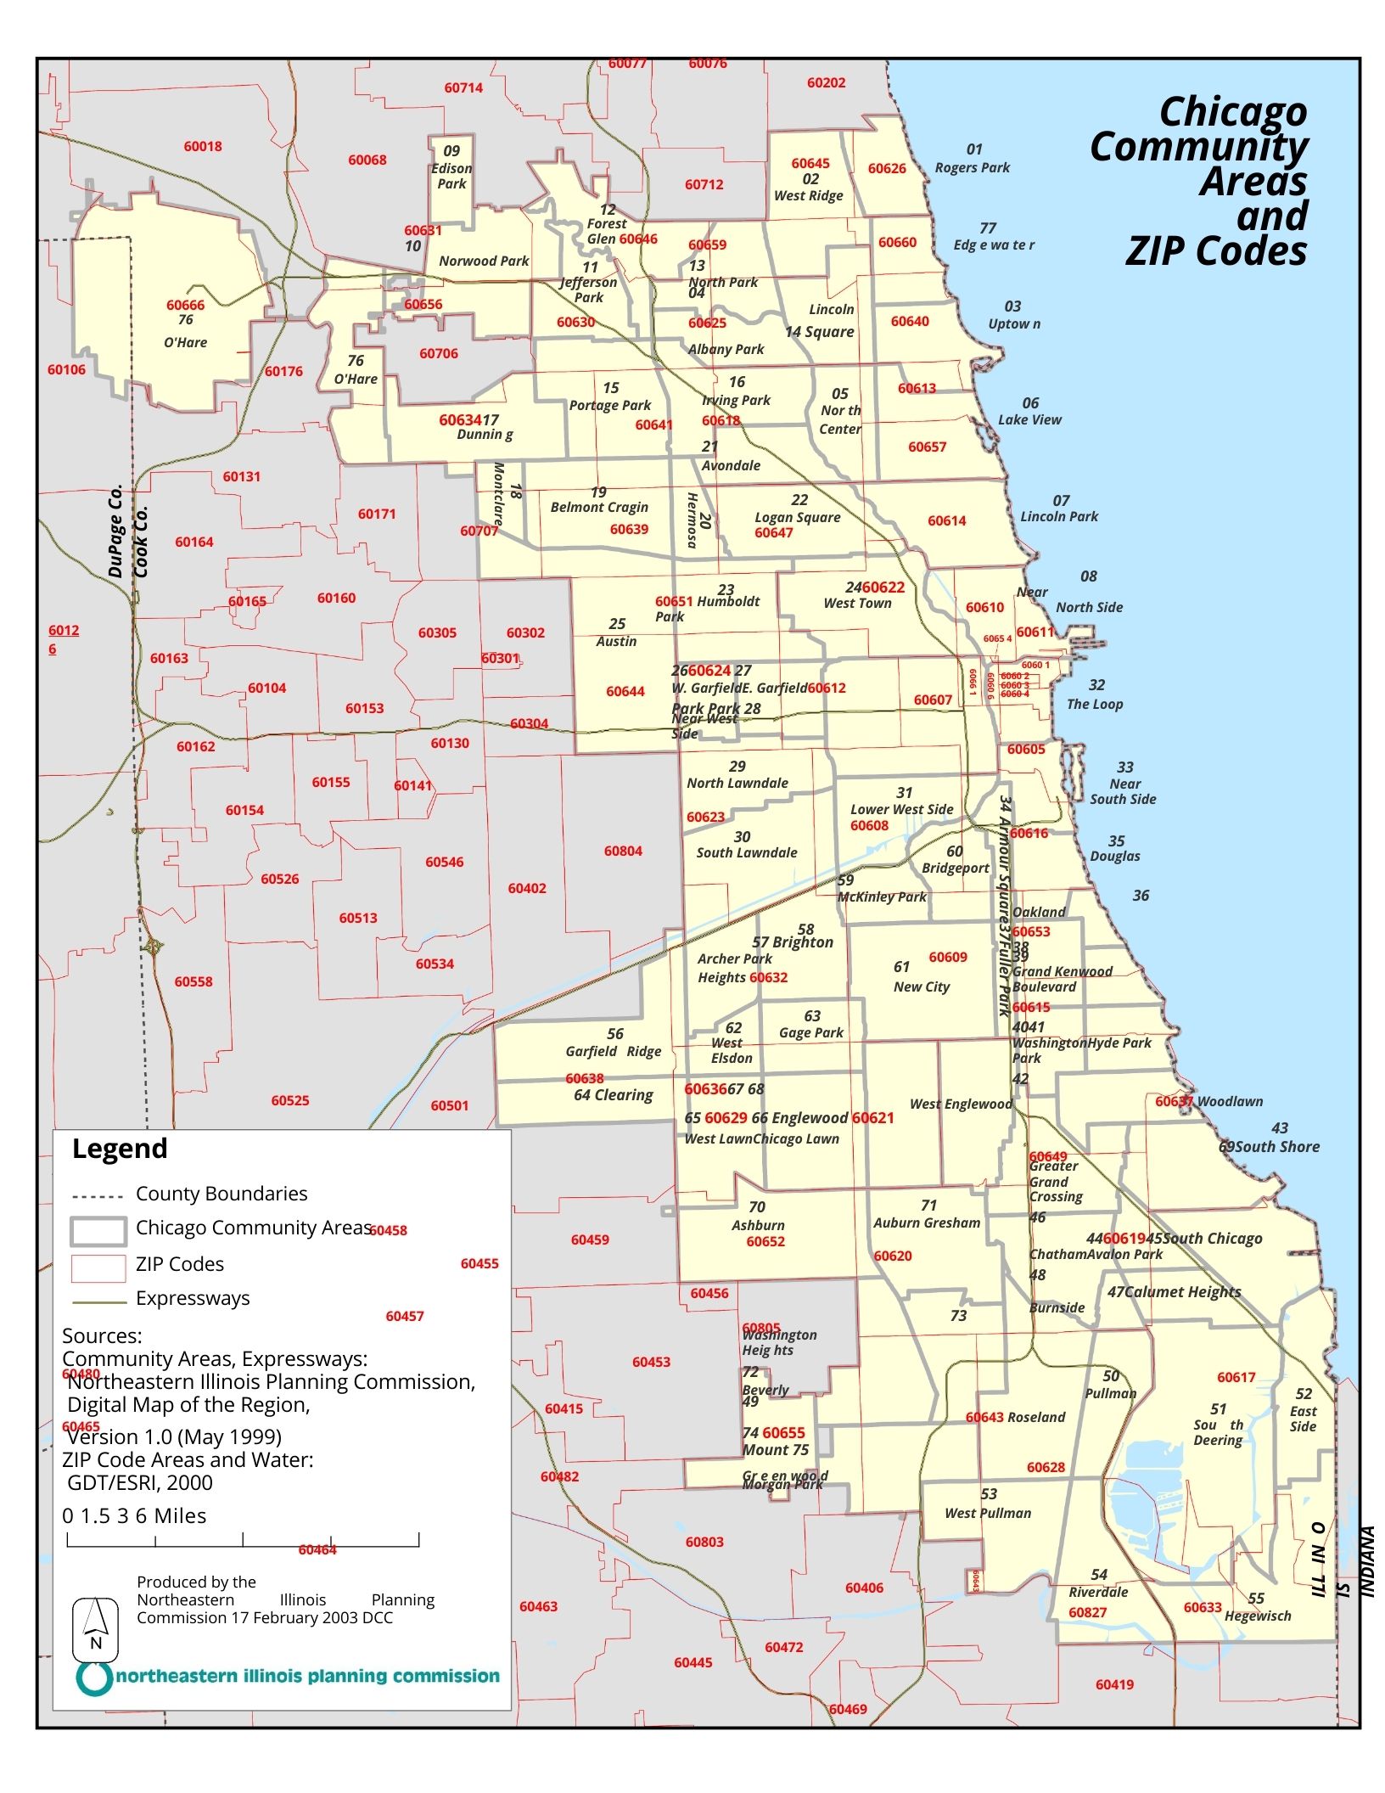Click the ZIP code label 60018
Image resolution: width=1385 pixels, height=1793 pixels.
point(203,146)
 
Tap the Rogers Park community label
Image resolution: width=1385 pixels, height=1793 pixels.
point(972,167)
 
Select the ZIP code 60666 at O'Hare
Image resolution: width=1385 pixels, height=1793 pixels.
point(185,305)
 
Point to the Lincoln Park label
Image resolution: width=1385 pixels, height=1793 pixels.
point(1058,516)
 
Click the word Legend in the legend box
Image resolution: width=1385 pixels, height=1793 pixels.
point(120,1148)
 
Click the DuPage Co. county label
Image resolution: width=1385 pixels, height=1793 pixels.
point(115,531)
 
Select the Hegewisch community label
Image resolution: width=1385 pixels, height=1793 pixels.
point(1257,1616)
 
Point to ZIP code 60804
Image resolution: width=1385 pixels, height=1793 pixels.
point(623,851)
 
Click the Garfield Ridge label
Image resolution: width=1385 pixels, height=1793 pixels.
point(613,1051)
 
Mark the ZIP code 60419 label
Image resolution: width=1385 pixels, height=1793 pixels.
point(1113,1684)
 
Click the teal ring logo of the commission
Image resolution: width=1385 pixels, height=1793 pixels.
point(94,1678)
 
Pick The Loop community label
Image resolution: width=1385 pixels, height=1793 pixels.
point(1094,704)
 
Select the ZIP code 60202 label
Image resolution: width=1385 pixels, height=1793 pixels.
point(826,82)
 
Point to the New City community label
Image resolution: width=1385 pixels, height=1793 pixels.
point(921,986)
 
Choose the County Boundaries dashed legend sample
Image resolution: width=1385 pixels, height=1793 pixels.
point(98,1197)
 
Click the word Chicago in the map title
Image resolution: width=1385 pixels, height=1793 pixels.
point(1232,111)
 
